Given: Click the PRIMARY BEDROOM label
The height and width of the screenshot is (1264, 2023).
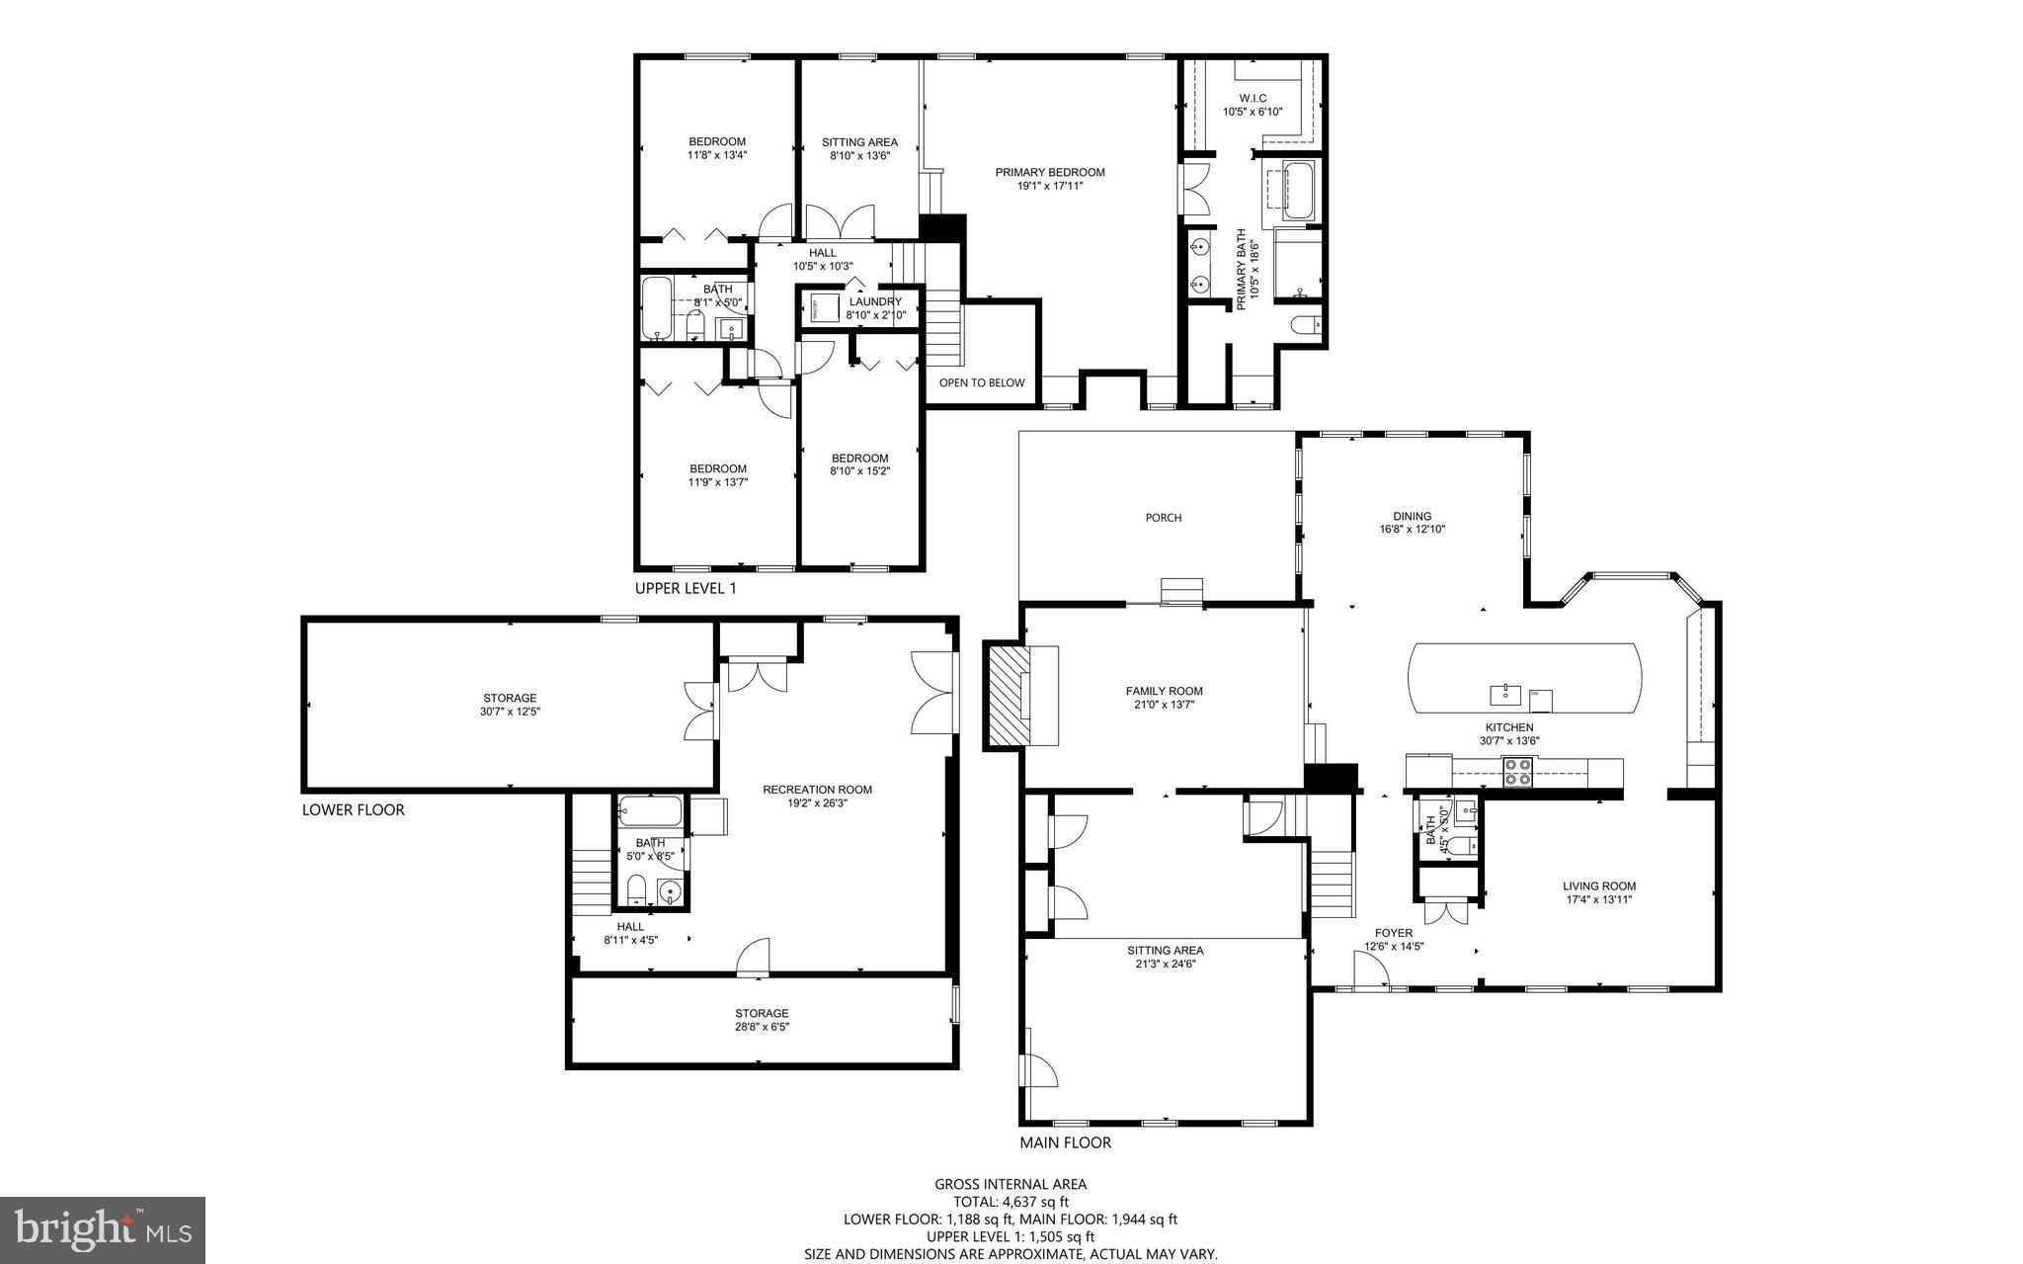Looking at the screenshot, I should [x=1049, y=172].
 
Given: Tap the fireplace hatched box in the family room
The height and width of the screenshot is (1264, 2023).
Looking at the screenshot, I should [x=1008, y=696].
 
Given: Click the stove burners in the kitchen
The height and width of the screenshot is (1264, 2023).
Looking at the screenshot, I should [x=1516, y=771].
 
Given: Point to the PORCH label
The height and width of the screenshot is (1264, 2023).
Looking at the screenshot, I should [x=1163, y=518].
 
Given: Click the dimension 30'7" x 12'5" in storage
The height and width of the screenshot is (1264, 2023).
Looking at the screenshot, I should [x=510, y=712].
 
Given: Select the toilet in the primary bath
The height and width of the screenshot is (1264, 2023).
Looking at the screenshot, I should [x=1306, y=325].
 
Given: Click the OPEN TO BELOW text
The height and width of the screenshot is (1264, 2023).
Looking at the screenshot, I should [x=981, y=383].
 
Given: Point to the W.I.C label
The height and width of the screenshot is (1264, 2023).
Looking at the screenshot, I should [x=1252, y=98].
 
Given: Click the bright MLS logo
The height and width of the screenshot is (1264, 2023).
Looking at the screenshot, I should [x=103, y=1229].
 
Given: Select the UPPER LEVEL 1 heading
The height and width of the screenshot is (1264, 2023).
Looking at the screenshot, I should [x=685, y=588].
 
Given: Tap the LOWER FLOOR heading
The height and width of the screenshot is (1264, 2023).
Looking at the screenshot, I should [x=353, y=809].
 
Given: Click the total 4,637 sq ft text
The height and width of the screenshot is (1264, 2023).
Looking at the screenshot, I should [x=1011, y=1202].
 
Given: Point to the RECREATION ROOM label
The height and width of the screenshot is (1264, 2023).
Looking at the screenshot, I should [x=817, y=790].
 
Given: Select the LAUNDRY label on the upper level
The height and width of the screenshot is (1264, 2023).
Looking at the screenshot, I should [x=874, y=301].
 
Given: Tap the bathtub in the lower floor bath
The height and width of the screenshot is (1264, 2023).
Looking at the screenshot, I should [x=650, y=813].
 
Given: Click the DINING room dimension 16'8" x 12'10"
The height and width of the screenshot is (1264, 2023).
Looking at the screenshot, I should [x=1412, y=529].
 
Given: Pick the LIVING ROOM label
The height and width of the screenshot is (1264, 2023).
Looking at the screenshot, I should [x=1598, y=885].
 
